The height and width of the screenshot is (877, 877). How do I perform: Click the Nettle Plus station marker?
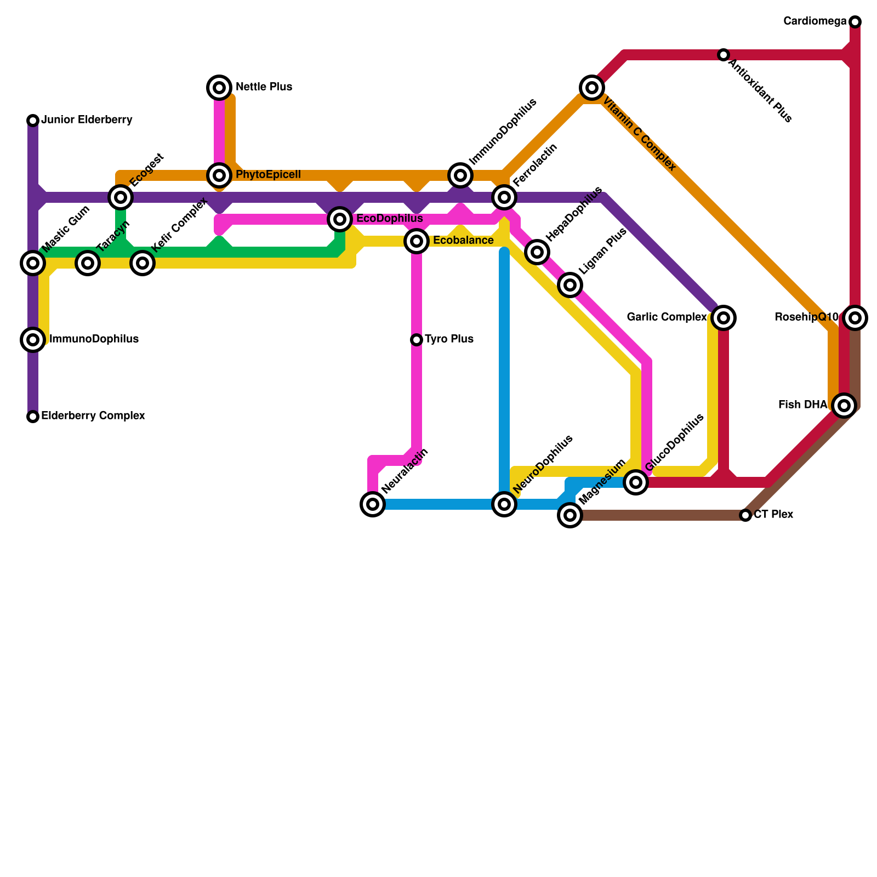[x=219, y=88]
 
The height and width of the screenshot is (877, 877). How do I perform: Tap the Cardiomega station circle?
[x=855, y=22]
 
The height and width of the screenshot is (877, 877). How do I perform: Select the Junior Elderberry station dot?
[x=33, y=121]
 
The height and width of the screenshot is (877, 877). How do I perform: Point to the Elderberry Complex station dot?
[x=33, y=417]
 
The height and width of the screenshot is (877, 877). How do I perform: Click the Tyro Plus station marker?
[x=417, y=340]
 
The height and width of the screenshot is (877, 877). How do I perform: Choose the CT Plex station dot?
[x=745, y=515]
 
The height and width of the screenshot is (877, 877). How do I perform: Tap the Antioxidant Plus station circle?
[x=724, y=55]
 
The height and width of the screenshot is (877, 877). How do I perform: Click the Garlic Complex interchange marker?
[x=724, y=318]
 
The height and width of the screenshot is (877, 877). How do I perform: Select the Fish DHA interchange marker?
[x=844, y=406]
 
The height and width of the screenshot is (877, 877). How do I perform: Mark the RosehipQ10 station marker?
[x=855, y=318]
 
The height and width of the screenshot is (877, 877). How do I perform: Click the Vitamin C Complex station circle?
[x=592, y=88]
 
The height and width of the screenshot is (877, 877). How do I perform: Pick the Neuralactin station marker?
[x=373, y=504]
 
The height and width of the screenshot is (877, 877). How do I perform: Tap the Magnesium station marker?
[x=570, y=515]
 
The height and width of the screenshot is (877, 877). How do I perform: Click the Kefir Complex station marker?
[x=143, y=263]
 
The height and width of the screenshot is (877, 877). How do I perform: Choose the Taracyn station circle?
[x=88, y=263]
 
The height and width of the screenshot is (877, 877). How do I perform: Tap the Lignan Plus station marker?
[x=570, y=285]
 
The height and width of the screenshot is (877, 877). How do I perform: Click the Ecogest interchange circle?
[x=121, y=197]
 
